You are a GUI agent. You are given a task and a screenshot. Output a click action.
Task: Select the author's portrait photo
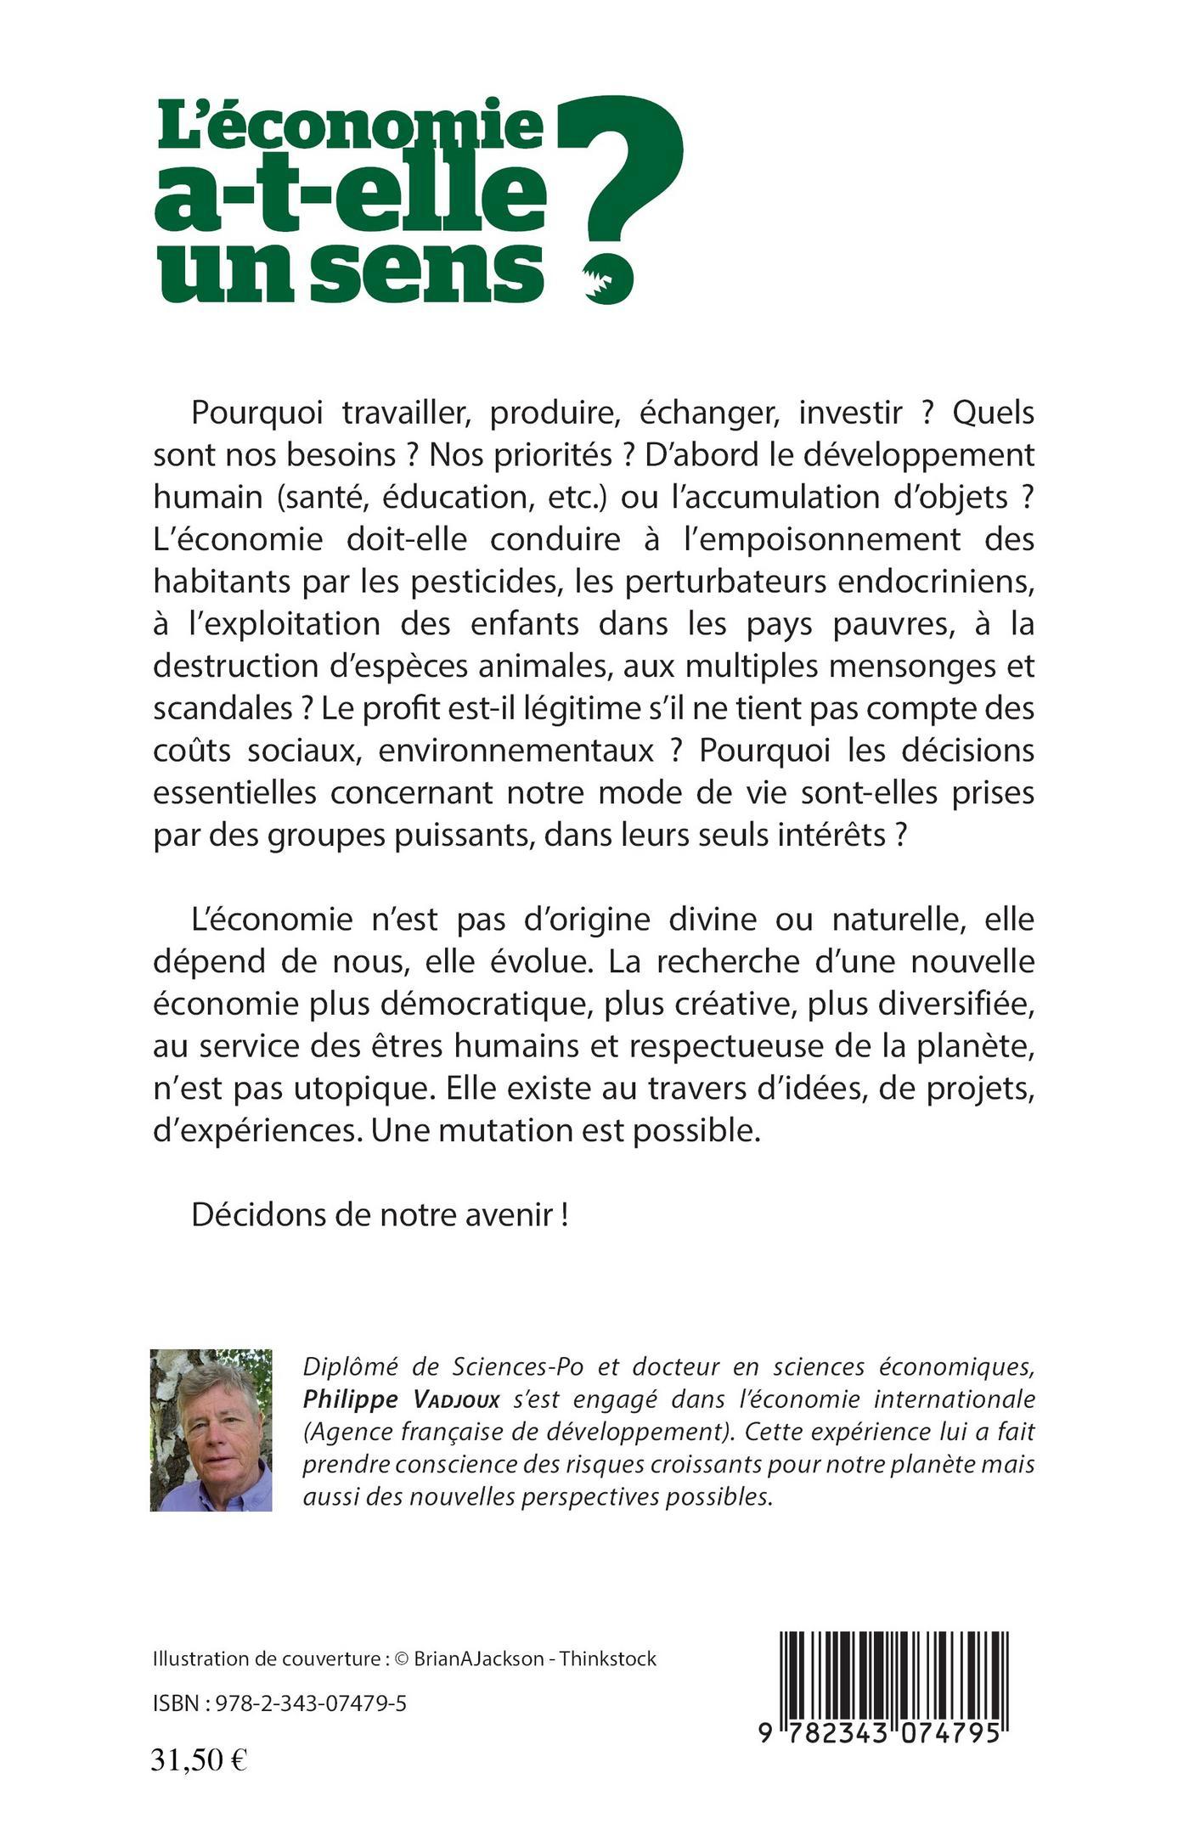pyautogui.click(x=211, y=1430)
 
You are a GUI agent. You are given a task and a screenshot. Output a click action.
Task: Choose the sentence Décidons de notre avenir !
pyautogui.click(x=380, y=1215)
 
